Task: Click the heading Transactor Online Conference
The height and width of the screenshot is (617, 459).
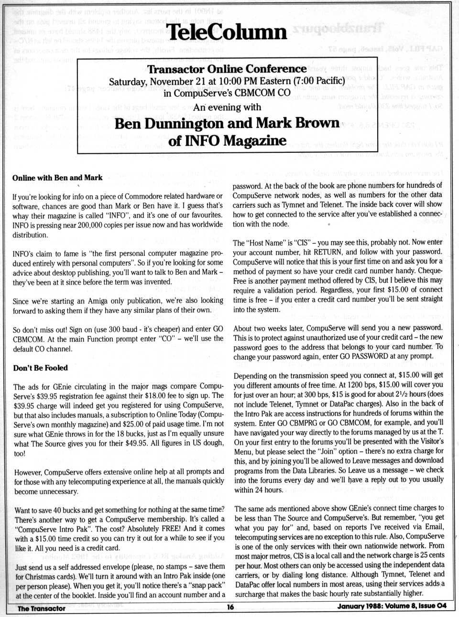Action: tap(227, 69)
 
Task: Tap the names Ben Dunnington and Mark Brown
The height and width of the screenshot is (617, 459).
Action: tap(227, 123)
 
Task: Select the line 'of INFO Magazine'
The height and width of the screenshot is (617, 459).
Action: tap(227, 141)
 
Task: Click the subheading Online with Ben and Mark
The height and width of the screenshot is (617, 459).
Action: tap(57, 178)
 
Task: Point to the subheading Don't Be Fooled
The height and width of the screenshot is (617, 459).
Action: tap(41, 368)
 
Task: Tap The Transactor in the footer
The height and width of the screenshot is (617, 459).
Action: tap(41, 608)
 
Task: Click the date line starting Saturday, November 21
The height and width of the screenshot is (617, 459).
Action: tap(227, 81)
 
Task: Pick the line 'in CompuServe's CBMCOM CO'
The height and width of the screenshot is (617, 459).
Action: tap(227, 93)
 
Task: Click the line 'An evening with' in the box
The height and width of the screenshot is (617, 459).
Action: tap(227, 107)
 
